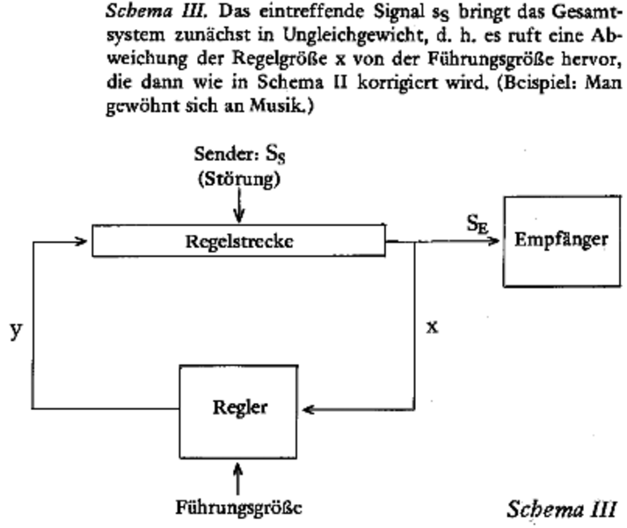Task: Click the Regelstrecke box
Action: [238, 240]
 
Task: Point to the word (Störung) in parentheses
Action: [237, 180]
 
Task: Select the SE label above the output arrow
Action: [476, 223]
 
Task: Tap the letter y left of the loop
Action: [15, 330]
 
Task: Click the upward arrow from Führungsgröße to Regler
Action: [238, 475]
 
